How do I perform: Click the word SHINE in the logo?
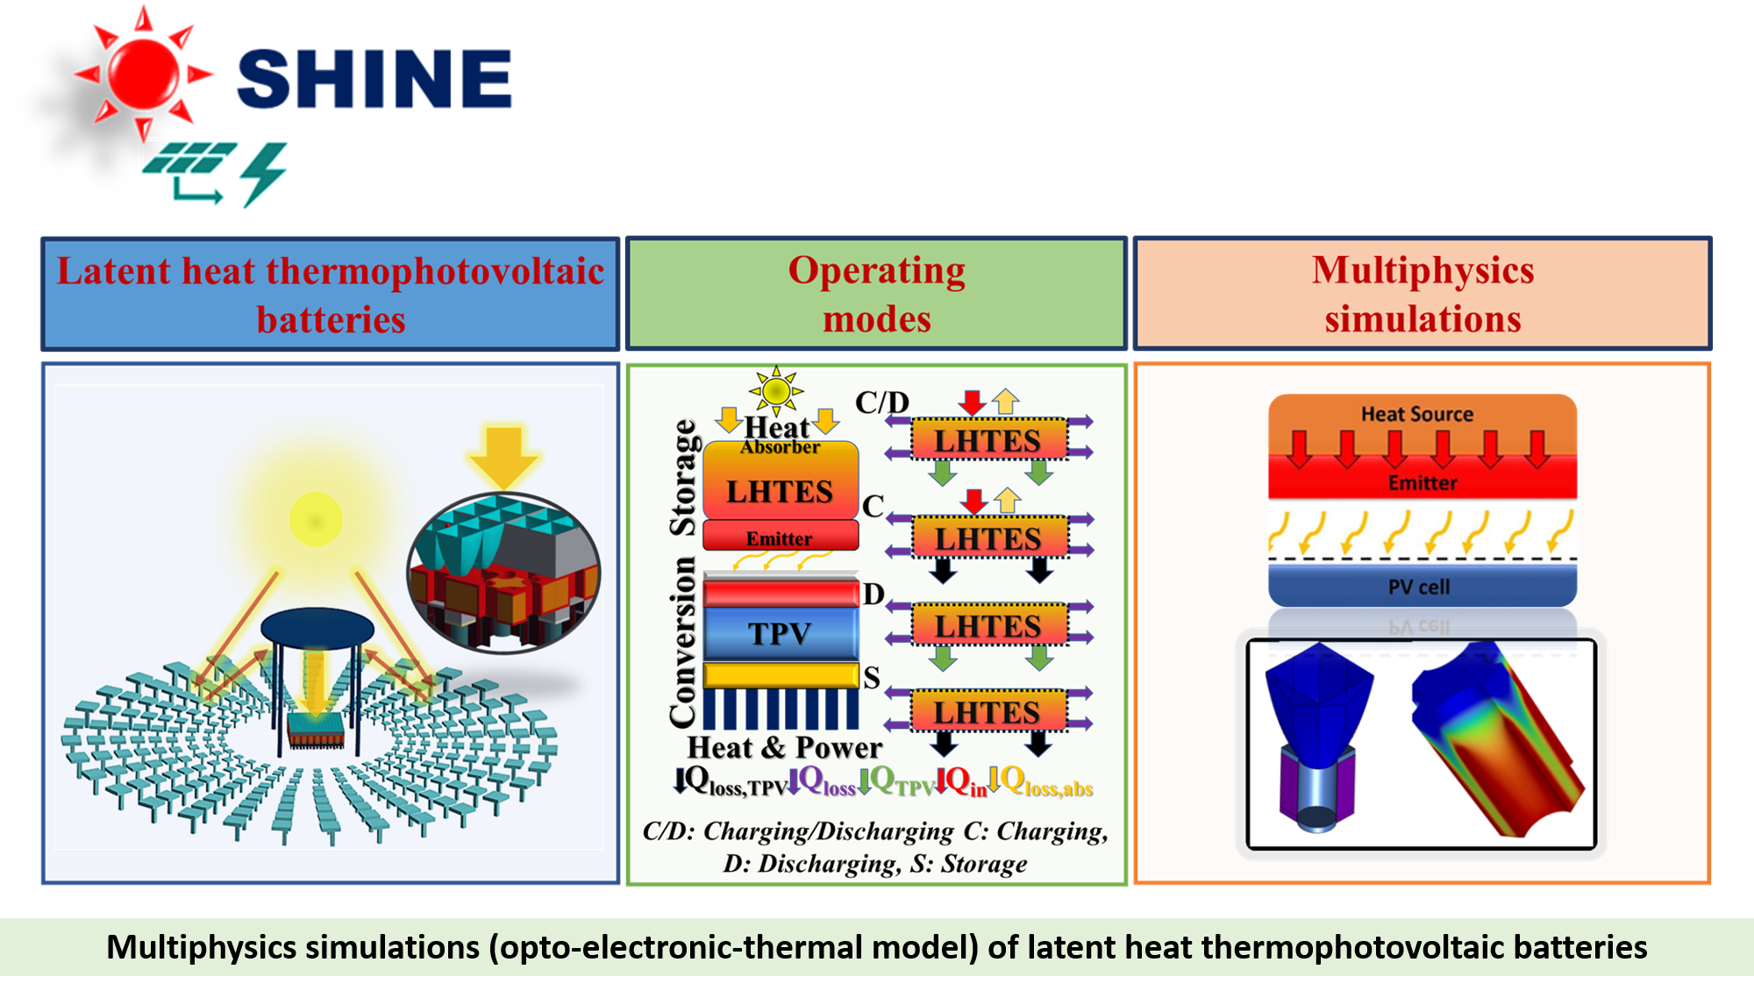coord(374,79)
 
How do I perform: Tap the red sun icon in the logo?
coord(144,74)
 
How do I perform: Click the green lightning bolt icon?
coord(263,175)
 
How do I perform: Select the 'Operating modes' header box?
coord(876,294)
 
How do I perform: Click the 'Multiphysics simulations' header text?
coord(1422,295)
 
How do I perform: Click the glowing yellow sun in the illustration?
coord(315,520)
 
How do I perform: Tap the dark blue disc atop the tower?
coord(317,628)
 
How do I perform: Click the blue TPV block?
coord(781,633)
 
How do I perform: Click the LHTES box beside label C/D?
coord(988,439)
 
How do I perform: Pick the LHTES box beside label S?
coord(988,711)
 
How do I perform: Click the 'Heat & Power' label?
coord(784,748)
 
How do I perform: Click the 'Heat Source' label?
coord(1417,414)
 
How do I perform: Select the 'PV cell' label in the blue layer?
coord(1419,587)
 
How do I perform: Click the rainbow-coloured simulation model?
coord(1498,738)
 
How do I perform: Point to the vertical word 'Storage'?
coord(682,478)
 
